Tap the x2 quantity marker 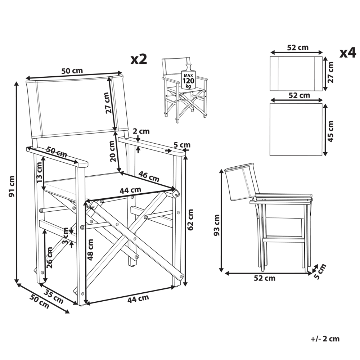pos(139,59)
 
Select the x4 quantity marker pos(348,53)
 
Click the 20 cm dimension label pos(112,151)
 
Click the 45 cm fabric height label pos(331,130)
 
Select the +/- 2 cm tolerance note pos(325,339)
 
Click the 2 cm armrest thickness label pos(141,131)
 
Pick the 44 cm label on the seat pos(130,190)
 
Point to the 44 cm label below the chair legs pos(138,298)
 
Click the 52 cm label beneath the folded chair pos(265,278)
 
